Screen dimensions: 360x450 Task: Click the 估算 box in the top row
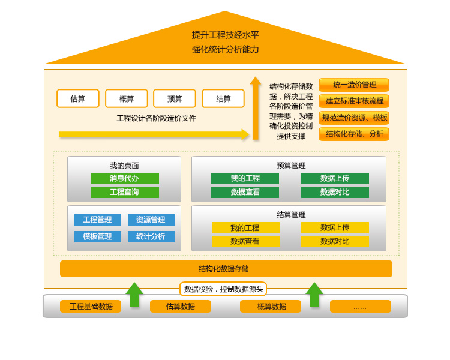[x=78, y=98]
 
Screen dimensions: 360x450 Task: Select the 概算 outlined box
[x=127, y=98]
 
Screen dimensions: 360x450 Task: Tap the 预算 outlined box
[x=175, y=98]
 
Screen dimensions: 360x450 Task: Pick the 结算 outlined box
[x=223, y=98]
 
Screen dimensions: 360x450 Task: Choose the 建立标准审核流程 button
[x=354, y=101]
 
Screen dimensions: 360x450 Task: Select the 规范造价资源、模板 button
[x=354, y=118]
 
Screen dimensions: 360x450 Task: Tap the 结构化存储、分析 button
[x=354, y=134]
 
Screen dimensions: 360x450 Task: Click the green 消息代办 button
[x=125, y=178]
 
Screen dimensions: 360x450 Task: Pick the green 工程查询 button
[x=125, y=192]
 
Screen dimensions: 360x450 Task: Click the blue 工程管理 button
[x=98, y=220]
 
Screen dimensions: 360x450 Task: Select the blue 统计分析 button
[x=151, y=236]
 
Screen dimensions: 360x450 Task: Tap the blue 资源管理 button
[x=151, y=220]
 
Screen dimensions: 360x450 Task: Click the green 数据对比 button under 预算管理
[x=335, y=192]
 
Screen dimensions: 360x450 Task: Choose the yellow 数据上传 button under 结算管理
[x=335, y=227]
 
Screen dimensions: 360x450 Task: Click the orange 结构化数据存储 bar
[x=226, y=269]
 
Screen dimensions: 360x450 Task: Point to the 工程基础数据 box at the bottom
[x=91, y=306]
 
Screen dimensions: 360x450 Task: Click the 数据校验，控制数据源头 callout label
[x=223, y=289]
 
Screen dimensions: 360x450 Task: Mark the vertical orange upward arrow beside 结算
[x=256, y=108]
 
